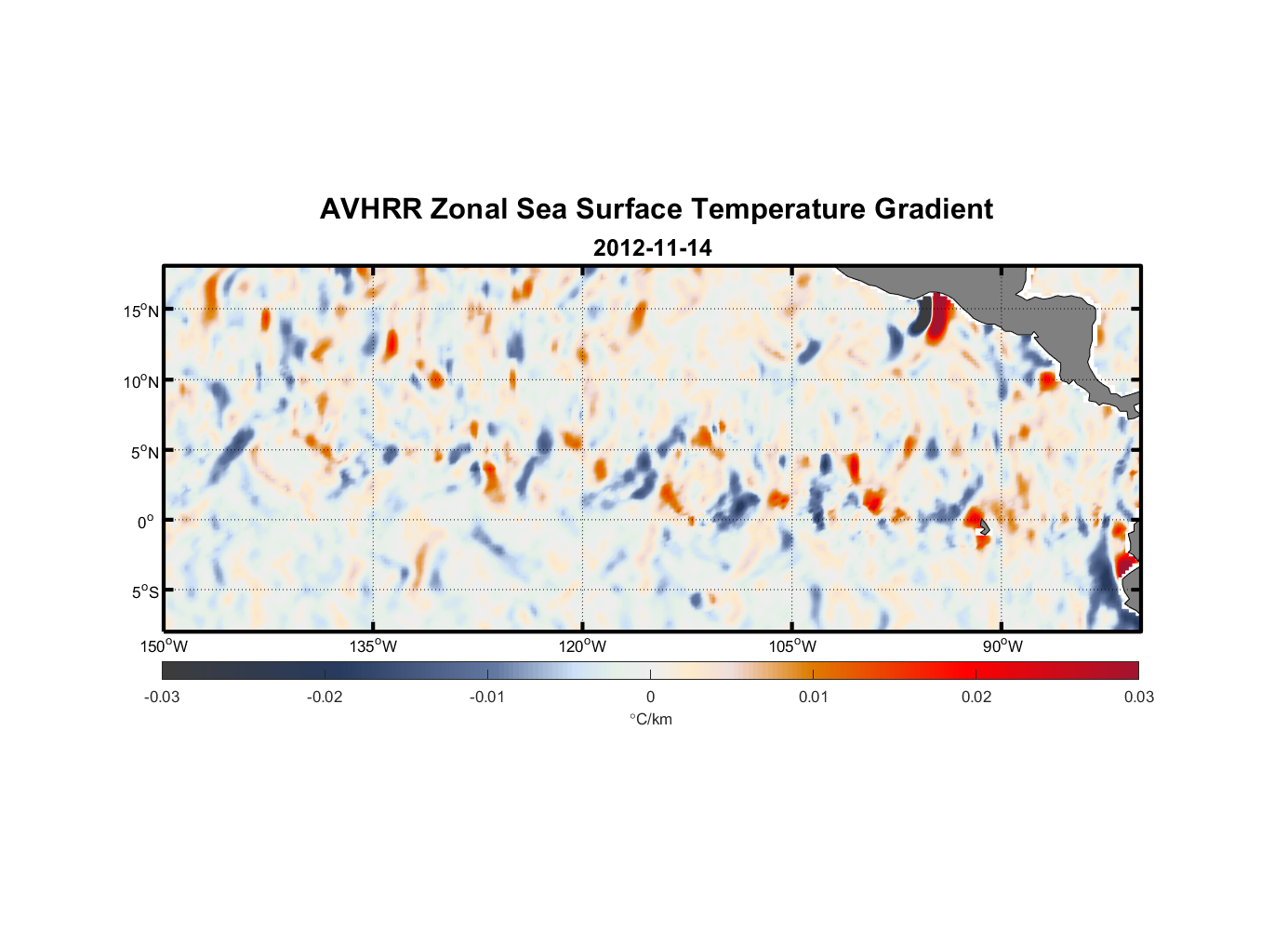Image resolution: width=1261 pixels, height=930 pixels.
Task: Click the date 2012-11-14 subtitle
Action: click(652, 248)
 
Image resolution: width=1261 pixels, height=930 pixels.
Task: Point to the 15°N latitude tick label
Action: click(141, 311)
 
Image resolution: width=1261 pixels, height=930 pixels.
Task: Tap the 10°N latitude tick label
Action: click(141, 381)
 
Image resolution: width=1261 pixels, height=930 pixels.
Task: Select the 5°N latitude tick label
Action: click(144, 452)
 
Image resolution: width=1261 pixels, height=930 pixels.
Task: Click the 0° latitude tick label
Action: click(146, 522)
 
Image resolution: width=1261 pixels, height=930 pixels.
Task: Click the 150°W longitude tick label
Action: click(164, 646)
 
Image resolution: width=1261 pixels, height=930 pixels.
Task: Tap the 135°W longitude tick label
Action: click(373, 646)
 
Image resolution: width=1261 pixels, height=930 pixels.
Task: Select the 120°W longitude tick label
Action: click(582, 646)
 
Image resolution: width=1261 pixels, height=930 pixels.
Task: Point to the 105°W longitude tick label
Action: click(792, 646)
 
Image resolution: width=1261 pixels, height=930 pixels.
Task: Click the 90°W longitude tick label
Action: click(1002, 646)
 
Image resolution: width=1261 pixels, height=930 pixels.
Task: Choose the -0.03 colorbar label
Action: click(162, 697)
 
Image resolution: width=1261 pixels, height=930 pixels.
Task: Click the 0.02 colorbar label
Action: click(976, 697)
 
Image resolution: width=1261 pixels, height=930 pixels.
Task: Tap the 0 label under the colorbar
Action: click(650, 697)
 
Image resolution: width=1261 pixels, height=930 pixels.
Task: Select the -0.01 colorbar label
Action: click(487, 697)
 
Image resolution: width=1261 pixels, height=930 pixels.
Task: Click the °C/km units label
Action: click(650, 719)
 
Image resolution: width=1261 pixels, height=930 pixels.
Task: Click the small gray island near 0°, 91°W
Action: click(984, 526)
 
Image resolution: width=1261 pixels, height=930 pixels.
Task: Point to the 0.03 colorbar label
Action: click(1138, 697)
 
